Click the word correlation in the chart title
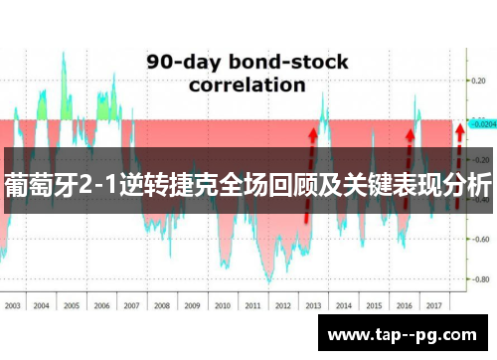[x=247, y=86]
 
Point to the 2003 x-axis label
[x=13, y=306]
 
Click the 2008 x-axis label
[x=162, y=306]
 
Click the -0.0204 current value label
[x=483, y=125]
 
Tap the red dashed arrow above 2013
[x=310, y=169]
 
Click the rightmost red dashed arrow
[x=458, y=164]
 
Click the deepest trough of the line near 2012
[x=266, y=281]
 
